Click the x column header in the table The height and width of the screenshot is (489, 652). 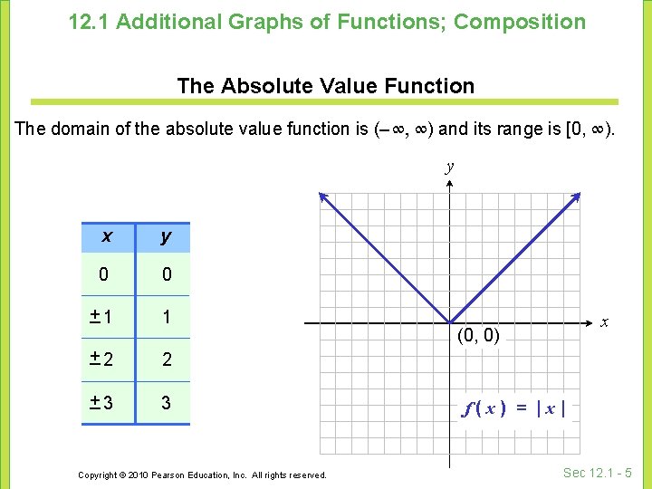(x=107, y=237)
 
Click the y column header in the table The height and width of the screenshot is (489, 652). (x=165, y=237)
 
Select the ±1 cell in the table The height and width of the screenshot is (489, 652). (x=101, y=317)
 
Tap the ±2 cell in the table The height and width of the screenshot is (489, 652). (x=101, y=360)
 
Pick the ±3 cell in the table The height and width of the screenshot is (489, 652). (x=101, y=402)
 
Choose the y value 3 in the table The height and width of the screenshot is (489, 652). (x=166, y=402)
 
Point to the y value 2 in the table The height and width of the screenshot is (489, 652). (x=166, y=360)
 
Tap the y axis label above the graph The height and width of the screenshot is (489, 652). (x=450, y=167)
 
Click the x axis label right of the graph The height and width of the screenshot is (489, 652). (x=604, y=321)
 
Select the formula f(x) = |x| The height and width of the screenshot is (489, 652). (x=515, y=408)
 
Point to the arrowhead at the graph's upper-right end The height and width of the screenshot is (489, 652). (x=575, y=197)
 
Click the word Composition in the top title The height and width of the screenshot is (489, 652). (x=520, y=21)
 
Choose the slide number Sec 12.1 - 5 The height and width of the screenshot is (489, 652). (x=597, y=472)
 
